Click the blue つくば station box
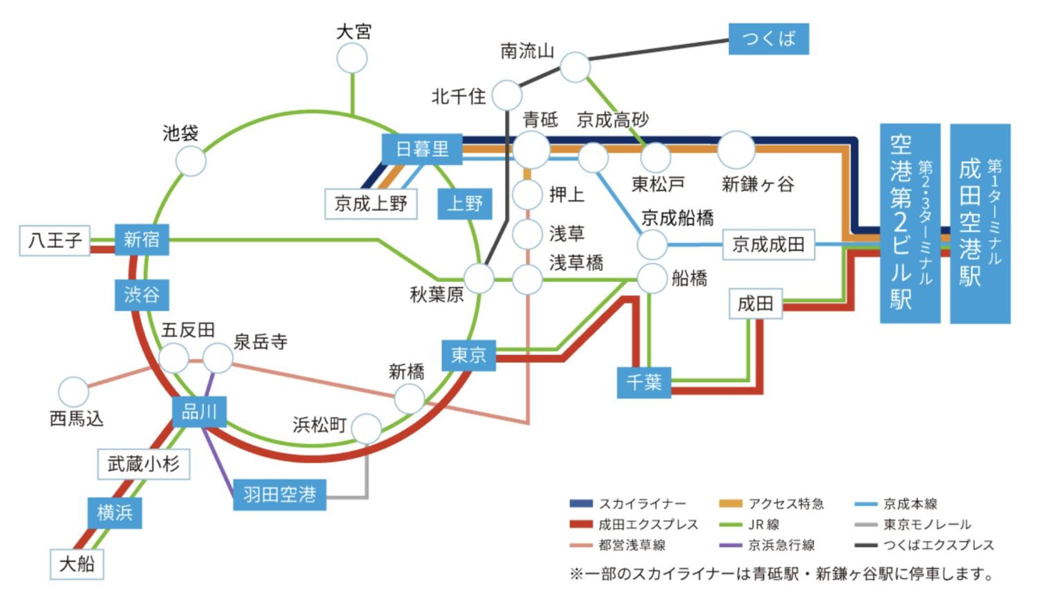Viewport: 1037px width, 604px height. pos(768,39)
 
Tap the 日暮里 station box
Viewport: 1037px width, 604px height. pos(422,149)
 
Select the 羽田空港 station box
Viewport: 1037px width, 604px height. pos(280,495)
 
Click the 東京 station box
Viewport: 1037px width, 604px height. pos(468,355)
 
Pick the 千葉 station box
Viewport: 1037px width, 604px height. pos(644,382)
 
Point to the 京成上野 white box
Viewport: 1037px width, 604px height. pos(371,203)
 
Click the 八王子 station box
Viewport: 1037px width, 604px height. pos(55,240)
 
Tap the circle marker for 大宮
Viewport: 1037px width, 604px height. pos(352,58)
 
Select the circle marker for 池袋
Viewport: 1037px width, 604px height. pos(191,161)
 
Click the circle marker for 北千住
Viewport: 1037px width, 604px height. pos(507,95)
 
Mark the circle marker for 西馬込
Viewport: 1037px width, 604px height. pos(74,392)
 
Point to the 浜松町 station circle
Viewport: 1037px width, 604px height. pos(367,428)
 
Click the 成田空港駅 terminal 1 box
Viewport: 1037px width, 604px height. pos(980,223)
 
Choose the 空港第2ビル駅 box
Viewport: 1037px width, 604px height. pos(910,223)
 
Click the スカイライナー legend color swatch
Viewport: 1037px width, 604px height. pos(581,503)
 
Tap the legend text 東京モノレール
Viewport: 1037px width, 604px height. pos(927,524)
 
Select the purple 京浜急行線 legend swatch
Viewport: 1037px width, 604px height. pos(730,545)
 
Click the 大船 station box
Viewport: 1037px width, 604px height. pos(77,564)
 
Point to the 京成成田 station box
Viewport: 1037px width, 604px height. pos(768,244)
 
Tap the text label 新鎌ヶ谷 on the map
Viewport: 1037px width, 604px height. pos(757,185)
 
